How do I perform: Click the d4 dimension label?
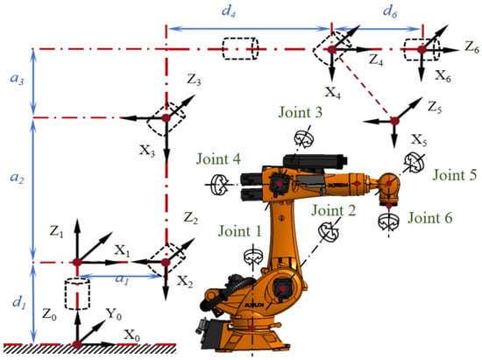[229, 12]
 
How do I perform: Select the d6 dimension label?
[390, 12]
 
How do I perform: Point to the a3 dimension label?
[17, 79]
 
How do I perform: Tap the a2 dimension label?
[17, 178]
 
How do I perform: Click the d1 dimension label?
[18, 302]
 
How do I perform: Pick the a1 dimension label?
[123, 279]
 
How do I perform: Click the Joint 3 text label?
[301, 112]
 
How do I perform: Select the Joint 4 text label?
[218, 159]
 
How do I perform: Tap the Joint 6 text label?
[429, 218]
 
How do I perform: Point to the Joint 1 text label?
[240, 231]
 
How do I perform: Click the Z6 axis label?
[471, 47]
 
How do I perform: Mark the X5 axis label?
[419, 140]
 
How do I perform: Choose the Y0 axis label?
[114, 314]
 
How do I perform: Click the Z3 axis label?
[194, 81]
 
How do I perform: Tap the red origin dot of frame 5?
[394, 121]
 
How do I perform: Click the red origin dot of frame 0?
[77, 344]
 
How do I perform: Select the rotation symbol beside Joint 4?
[219, 185]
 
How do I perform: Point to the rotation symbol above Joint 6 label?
[388, 222]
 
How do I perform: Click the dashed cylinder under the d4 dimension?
[240, 48]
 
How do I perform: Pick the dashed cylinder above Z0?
[77, 293]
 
